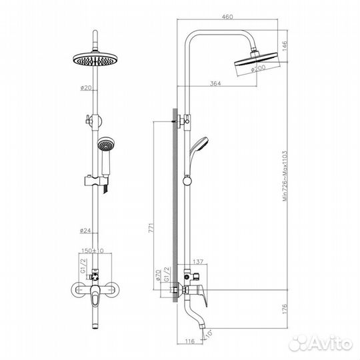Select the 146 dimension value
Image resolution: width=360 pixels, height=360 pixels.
(283, 47)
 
